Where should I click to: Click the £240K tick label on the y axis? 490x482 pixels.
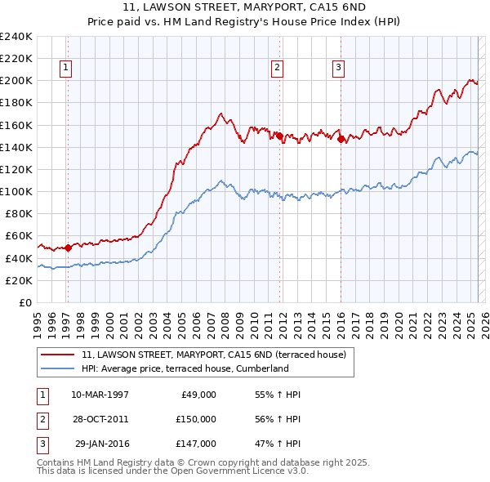coord(16,36)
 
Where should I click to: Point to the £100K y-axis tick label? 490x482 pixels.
coord(16,191)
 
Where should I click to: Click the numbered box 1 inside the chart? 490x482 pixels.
coord(65,68)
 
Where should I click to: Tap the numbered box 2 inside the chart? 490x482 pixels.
coord(278,68)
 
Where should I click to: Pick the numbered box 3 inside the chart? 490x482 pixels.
coord(338,68)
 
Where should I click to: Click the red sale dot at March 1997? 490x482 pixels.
coord(69,248)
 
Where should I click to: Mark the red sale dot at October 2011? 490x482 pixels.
coord(279,136)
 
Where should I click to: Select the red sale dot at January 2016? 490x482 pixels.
coord(341,139)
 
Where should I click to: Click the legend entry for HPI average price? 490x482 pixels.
coord(185,368)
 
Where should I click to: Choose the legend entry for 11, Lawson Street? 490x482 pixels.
coord(214,355)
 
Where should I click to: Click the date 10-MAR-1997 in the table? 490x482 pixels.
coord(100,395)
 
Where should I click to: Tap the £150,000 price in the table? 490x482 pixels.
coord(195,419)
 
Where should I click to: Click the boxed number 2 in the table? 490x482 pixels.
coord(42,419)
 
